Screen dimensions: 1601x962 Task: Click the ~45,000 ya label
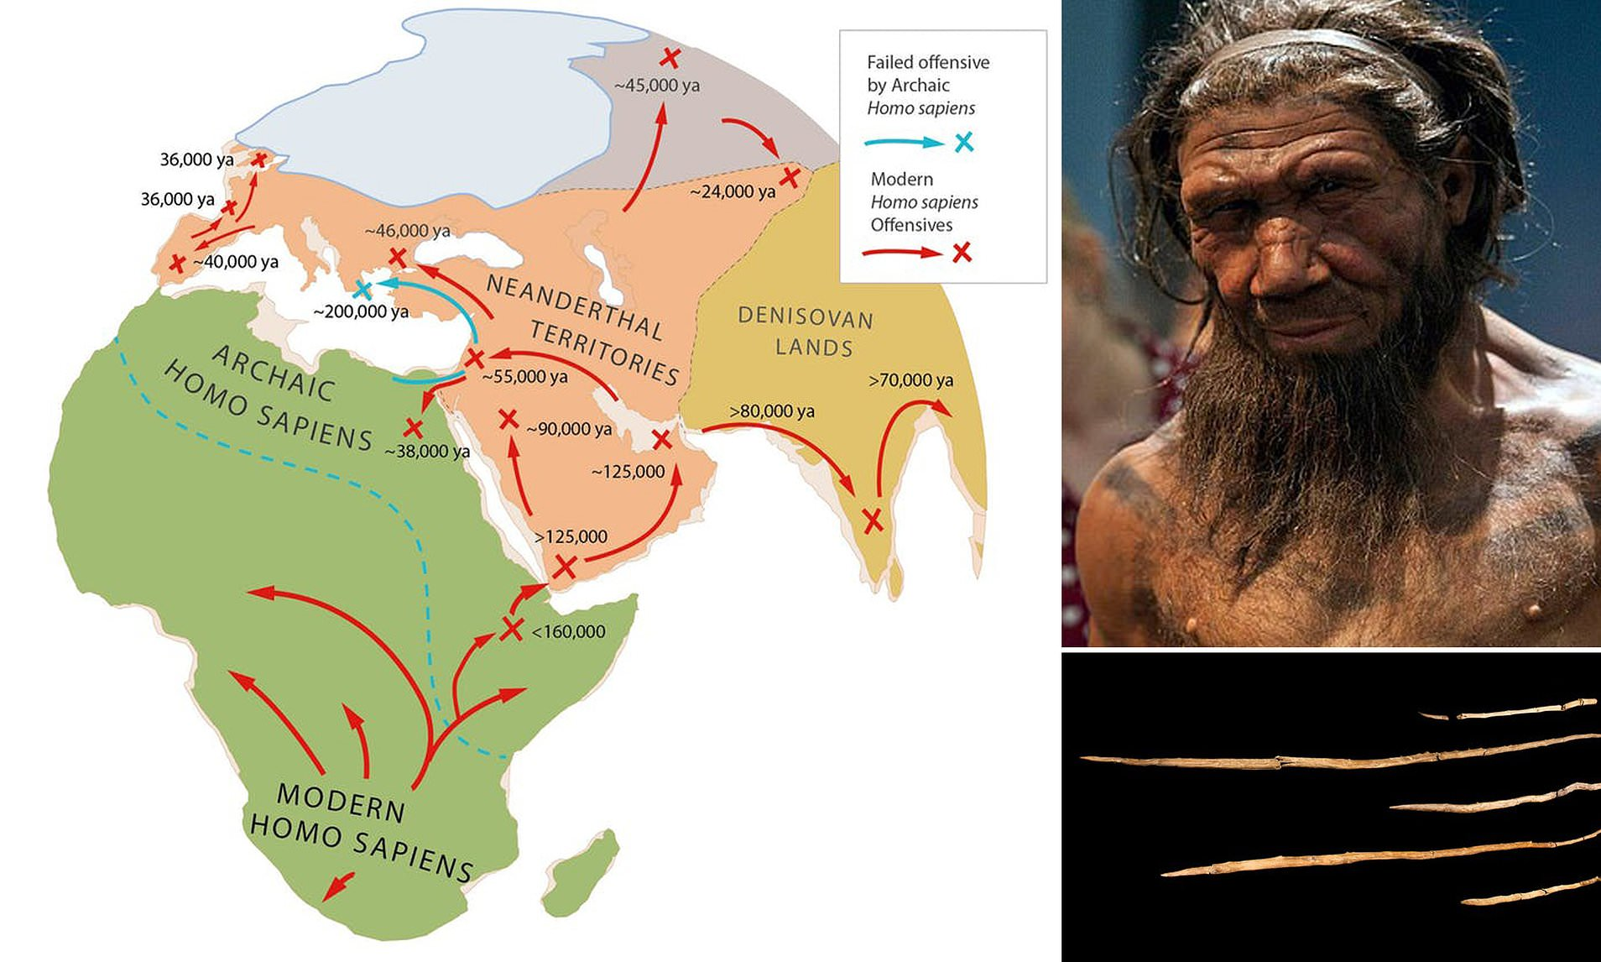[x=657, y=85]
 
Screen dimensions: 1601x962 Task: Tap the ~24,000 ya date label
[x=733, y=191]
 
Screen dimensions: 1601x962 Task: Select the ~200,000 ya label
[x=361, y=311]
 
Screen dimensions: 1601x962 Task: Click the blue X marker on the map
[x=362, y=290]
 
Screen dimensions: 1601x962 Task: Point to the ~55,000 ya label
[x=526, y=376]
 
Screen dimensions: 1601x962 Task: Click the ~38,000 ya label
[x=427, y=451]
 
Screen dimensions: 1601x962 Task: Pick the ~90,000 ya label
[x=569, y=428]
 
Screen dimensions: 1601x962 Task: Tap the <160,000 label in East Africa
[x=568, y=631]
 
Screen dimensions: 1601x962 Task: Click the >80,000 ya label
[x=772, y=411]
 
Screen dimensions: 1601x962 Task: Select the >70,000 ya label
[x=910, y=380]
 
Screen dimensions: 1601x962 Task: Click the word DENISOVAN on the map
[x=806, y=318]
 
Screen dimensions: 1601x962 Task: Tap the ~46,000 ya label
[x=407, y=231]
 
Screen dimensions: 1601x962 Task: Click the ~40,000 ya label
[x=235, y=262]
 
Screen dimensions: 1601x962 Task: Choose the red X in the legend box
[x=962, y=251]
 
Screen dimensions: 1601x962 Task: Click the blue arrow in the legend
[x=905, y=143]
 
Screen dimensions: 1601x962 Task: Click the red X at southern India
[x=873, y=520]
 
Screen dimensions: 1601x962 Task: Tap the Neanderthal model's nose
[x=1284, y=252]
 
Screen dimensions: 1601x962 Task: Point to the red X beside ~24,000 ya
[x=790, y=177]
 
